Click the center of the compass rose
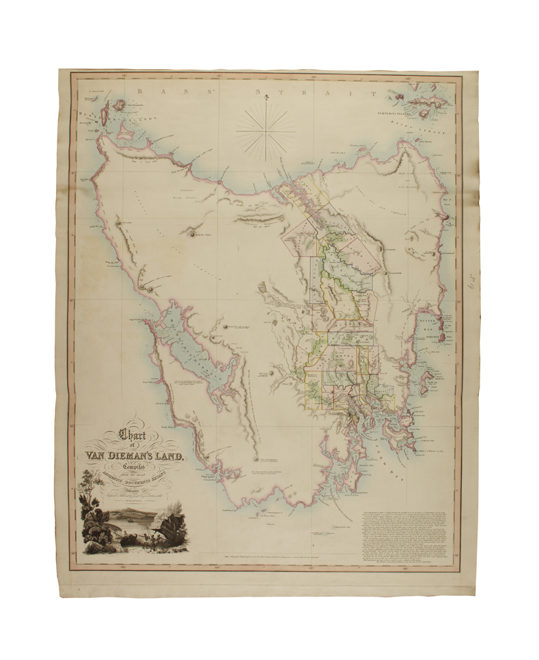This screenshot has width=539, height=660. click(265, 129)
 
